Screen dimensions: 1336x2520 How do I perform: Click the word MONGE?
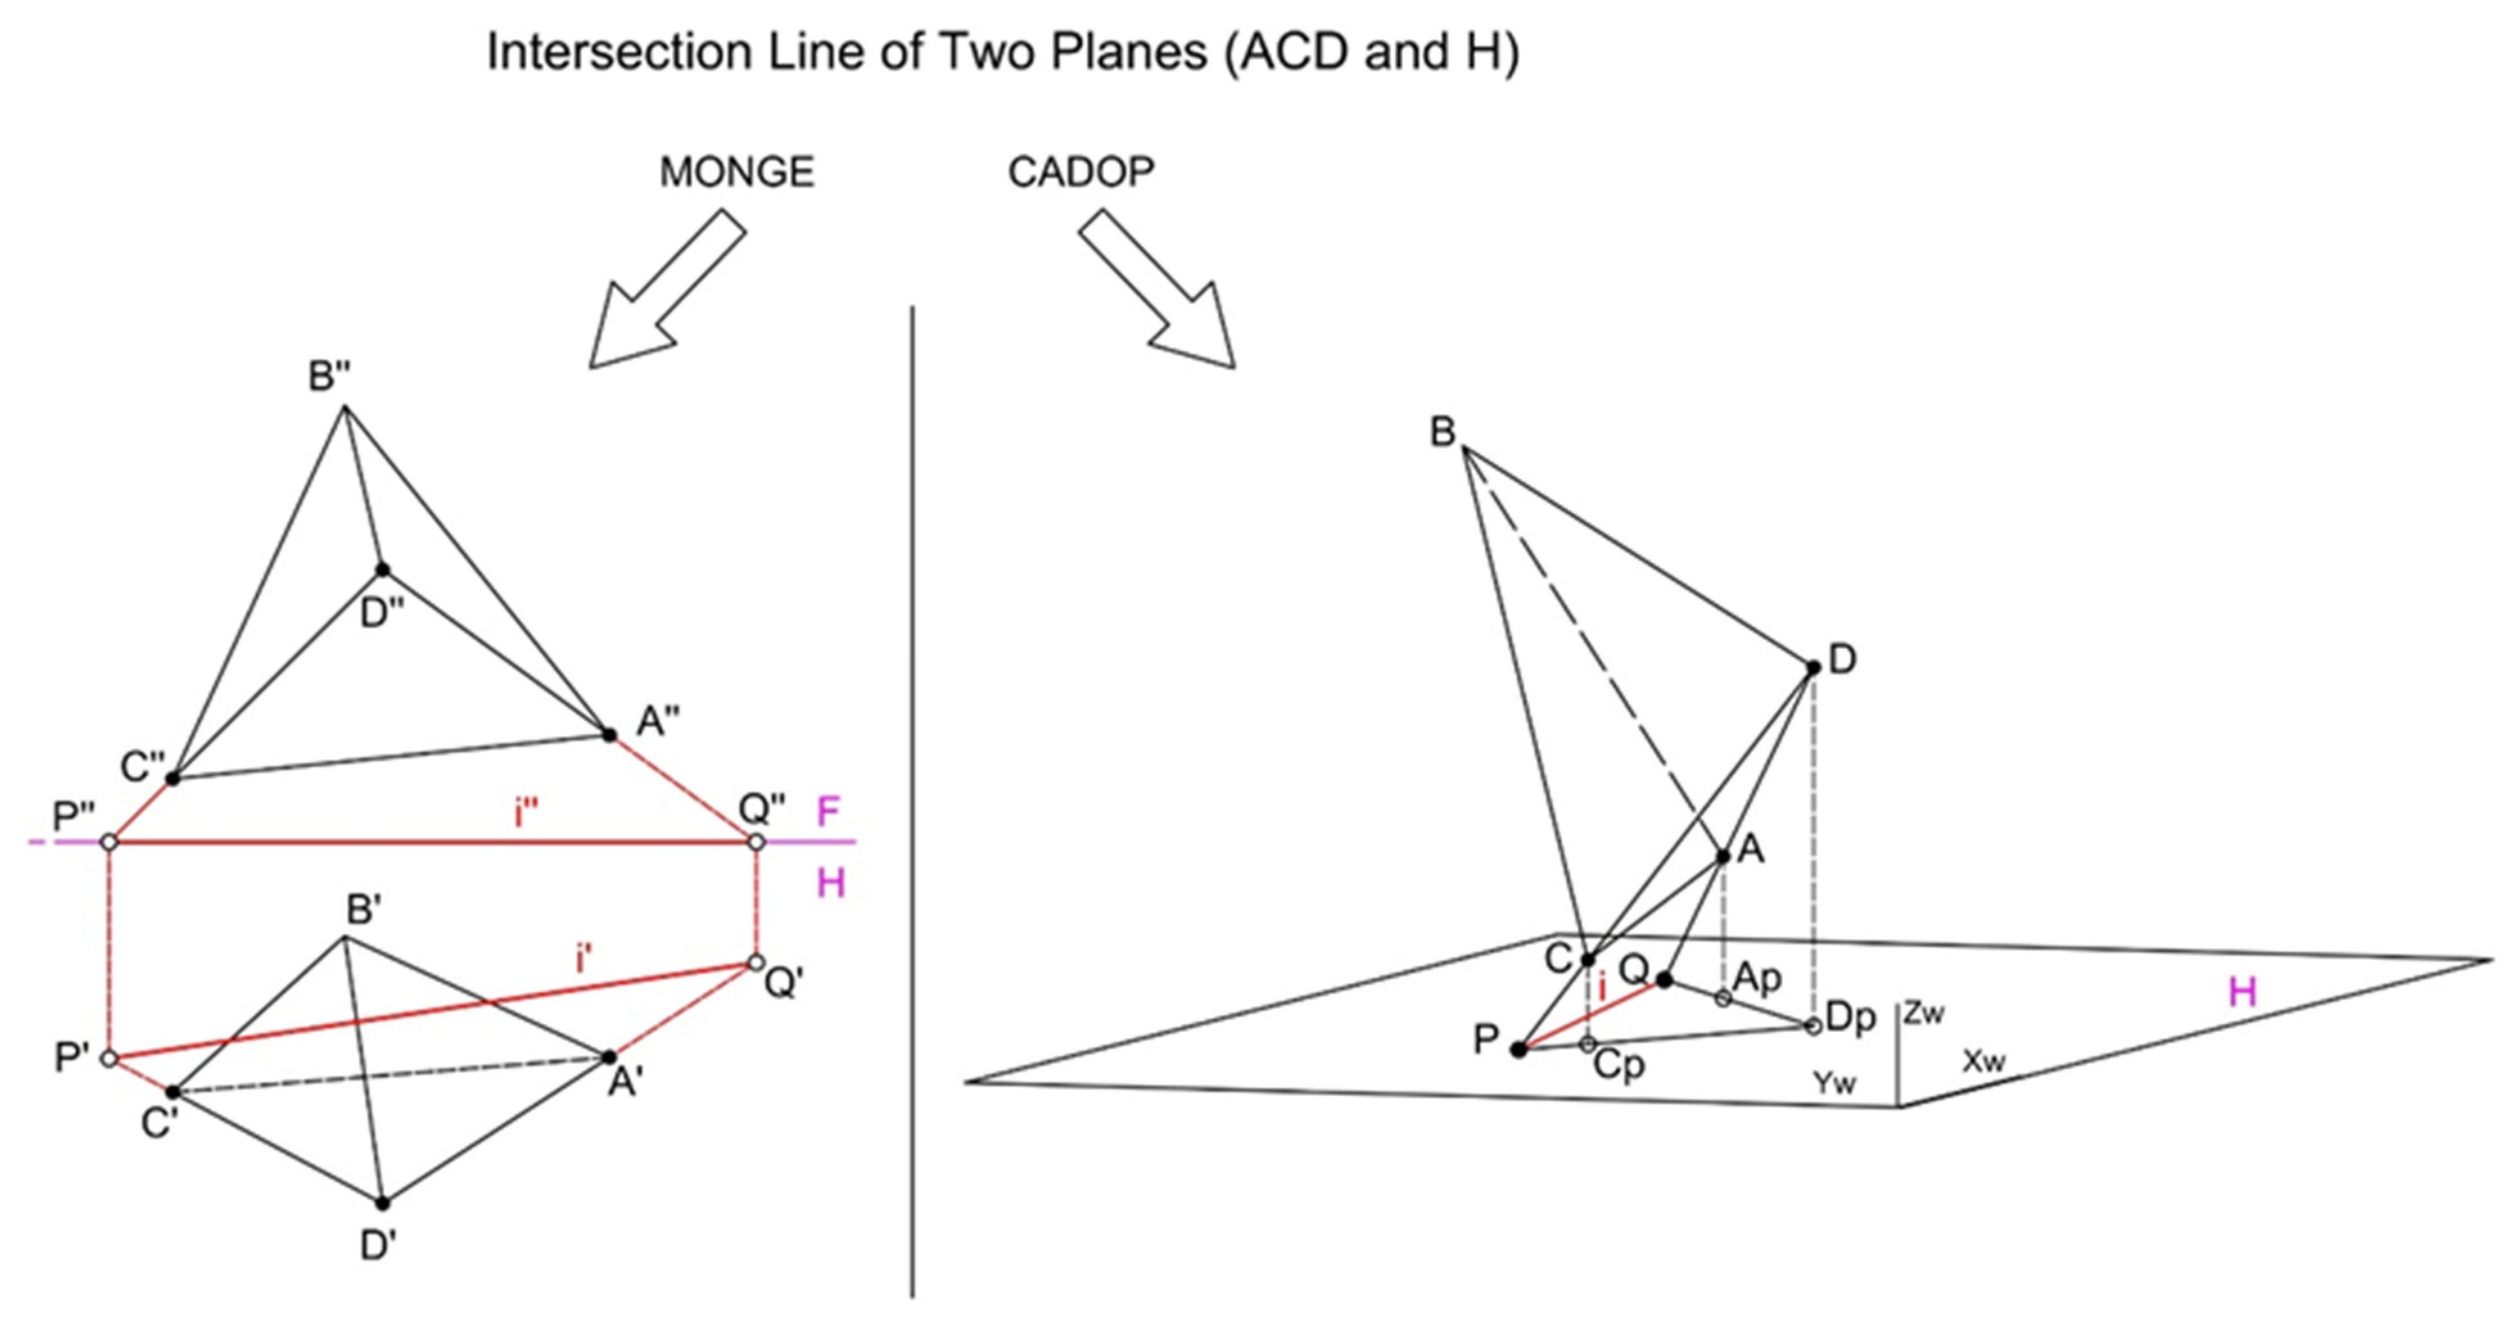736,173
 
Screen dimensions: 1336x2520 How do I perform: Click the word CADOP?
1081,173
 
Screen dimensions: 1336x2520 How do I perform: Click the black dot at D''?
383,570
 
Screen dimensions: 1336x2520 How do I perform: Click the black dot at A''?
609,734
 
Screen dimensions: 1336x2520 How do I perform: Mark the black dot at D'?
383,1203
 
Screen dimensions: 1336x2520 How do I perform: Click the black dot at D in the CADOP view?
1812,668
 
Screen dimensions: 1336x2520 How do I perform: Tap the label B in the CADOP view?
1442,431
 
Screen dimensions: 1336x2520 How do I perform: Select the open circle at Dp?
1812,1026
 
